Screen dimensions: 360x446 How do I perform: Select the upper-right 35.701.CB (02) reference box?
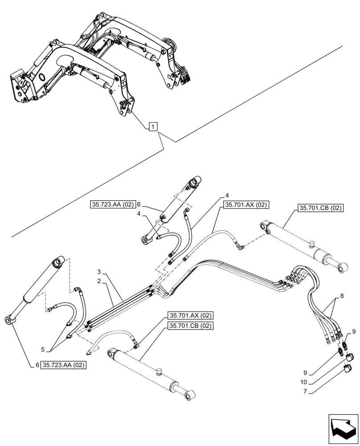(x=319, y=208)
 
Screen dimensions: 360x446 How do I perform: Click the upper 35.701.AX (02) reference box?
(x=246, y=205)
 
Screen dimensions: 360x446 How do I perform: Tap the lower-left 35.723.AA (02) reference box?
(x=64, y=365)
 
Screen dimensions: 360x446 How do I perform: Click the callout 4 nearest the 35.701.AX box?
(x=227, y=195)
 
